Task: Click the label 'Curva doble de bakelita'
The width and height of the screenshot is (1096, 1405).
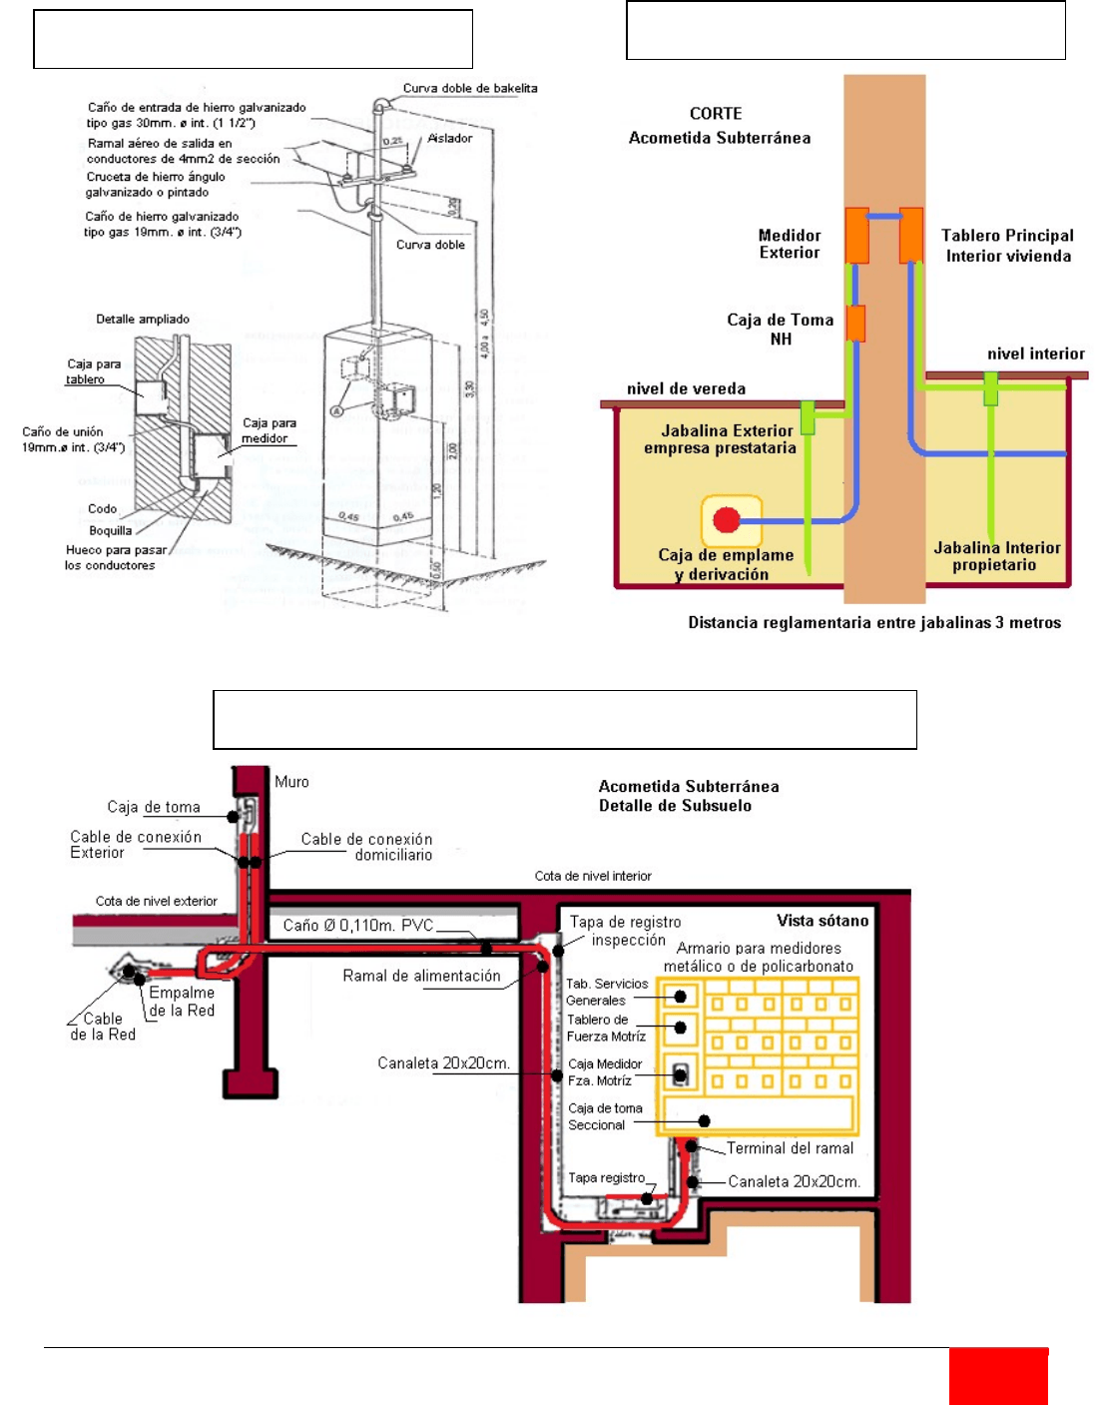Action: point(470,88)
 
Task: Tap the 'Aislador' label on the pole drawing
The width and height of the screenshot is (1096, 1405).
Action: point(450,138)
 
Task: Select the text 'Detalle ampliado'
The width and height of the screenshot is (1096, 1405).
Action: point(143,320)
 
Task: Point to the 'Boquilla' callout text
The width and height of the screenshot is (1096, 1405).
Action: point(110,531)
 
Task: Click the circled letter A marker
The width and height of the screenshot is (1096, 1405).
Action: point(338,410)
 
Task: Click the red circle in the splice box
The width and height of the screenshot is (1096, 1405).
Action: point(727,519)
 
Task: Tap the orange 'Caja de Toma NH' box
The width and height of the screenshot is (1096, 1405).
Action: point(855,324)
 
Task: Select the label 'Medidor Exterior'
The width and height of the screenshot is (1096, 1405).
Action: point(790,244)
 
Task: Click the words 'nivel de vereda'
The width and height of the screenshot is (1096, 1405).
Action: point(686,388)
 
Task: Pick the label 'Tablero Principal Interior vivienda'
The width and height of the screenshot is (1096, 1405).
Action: point(1008,246)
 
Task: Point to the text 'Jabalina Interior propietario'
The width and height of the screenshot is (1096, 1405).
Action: point(996,556)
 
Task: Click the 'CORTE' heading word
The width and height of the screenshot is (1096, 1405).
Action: point(716,114)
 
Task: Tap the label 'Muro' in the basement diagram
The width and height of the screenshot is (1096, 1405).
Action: point(291,782)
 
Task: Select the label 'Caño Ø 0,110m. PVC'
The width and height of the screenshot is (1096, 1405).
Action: point(358,926)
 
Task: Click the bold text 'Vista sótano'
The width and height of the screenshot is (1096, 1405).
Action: point(822,921)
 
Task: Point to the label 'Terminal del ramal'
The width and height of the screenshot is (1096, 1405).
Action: point(790,1148)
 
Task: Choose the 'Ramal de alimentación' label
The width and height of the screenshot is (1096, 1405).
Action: point(421,976)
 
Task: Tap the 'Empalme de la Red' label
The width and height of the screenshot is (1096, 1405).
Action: point(182,1002)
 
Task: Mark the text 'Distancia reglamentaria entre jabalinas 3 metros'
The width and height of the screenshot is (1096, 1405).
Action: point(874,623)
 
